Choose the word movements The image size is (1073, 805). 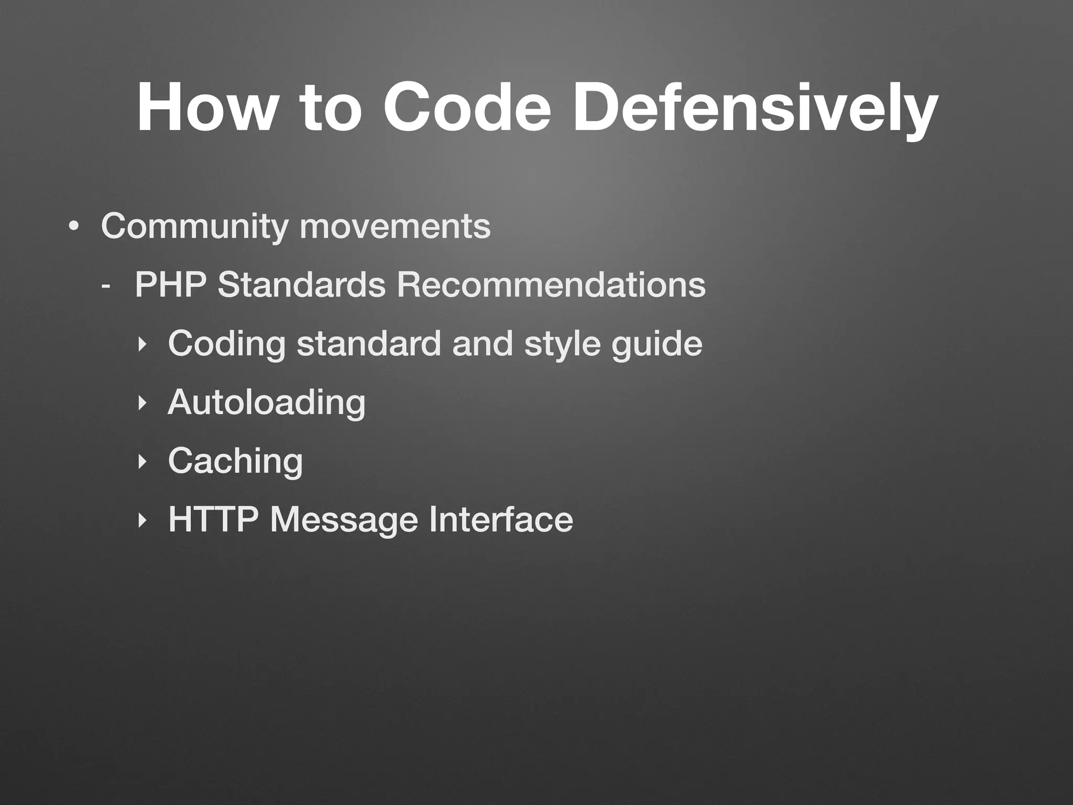tap(396, 226)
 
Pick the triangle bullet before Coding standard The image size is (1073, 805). tap(140, 345)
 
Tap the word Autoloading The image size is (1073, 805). tap(267, 402)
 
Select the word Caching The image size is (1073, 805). tap(235, 461)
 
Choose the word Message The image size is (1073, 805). tap(344, 520)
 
